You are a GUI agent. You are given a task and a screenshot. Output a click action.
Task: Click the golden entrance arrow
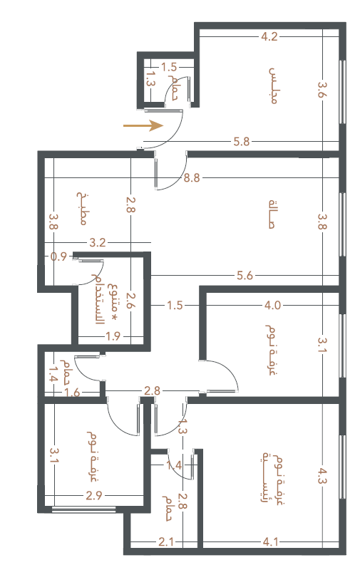click(x=143, y=126)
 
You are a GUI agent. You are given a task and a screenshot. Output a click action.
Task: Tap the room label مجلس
click(x=274, y=85)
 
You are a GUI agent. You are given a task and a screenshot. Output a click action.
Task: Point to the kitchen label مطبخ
click(x=82, y=208)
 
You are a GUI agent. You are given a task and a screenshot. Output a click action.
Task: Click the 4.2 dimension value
click(x=269, y=36)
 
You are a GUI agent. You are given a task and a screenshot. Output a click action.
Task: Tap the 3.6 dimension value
click(x=322, y=90)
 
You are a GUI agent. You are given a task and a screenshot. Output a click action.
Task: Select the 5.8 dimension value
click(x=242, y=141)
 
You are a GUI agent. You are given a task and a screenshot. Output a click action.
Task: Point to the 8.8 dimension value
click(x=192, y=177)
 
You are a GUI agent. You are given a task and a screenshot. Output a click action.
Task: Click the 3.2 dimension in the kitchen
click(x=98, y=242)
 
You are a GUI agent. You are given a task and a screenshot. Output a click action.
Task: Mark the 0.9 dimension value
click(x=58, y=256)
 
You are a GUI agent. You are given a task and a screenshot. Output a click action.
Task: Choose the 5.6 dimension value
click(x=245, y=276)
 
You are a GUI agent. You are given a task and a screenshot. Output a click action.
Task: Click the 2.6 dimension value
click(x=130, y=300)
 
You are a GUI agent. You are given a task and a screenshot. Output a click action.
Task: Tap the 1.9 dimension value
click(x=113, y=336)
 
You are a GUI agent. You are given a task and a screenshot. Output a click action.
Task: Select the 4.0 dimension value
click(x=272, y=306)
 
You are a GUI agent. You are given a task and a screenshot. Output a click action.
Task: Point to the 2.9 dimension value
click(x=93, y=496)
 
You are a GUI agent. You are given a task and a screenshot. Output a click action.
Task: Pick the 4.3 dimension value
click(x=322, y=475)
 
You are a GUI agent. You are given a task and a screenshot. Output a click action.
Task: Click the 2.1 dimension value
click(x=166, y=541)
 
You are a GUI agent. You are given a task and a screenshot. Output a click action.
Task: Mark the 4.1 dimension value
click(x=270, y=541)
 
